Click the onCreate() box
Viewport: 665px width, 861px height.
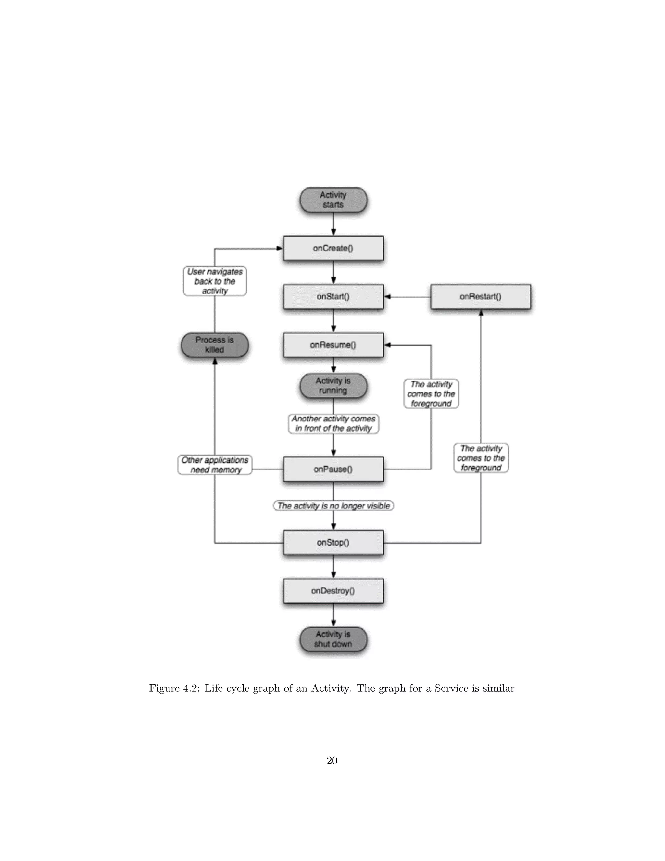pyautogui.click(x=333, y=248)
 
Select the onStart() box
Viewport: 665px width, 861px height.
pyautogui.click(x=333, y=296)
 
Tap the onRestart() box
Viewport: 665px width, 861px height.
pyautogui.click(x=481, y=296)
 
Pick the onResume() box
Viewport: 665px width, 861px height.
pyautogui.click(x=333, y=345)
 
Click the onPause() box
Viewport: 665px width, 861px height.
pyautogui.click(x=333, y=469)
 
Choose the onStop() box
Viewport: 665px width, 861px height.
pyautogui.click(x=333, y=543)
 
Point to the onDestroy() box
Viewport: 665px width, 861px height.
pyautogui.click(x=333, y=591)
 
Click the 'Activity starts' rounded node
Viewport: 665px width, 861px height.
pyautogui.click(x=333, y=200)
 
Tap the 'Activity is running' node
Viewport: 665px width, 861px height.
pyautogui.click(x=333, y=386)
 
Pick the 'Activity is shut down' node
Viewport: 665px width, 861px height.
pyautogui.click(x=333, y=639)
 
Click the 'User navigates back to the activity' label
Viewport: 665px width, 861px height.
pyautogui.click(x=215, y=281)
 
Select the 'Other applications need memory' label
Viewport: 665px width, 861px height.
pyautogui.click(x=215, y=465)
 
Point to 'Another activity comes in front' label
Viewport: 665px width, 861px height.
pyautogui.click(x=333, y=424)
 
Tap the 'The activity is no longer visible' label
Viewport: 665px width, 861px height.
pyautogui.click(x=333, y=506)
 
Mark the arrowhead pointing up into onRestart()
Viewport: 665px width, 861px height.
pyautogui.click(x=481, y=313)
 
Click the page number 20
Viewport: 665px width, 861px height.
pyautogui.click(x=332, y=761)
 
